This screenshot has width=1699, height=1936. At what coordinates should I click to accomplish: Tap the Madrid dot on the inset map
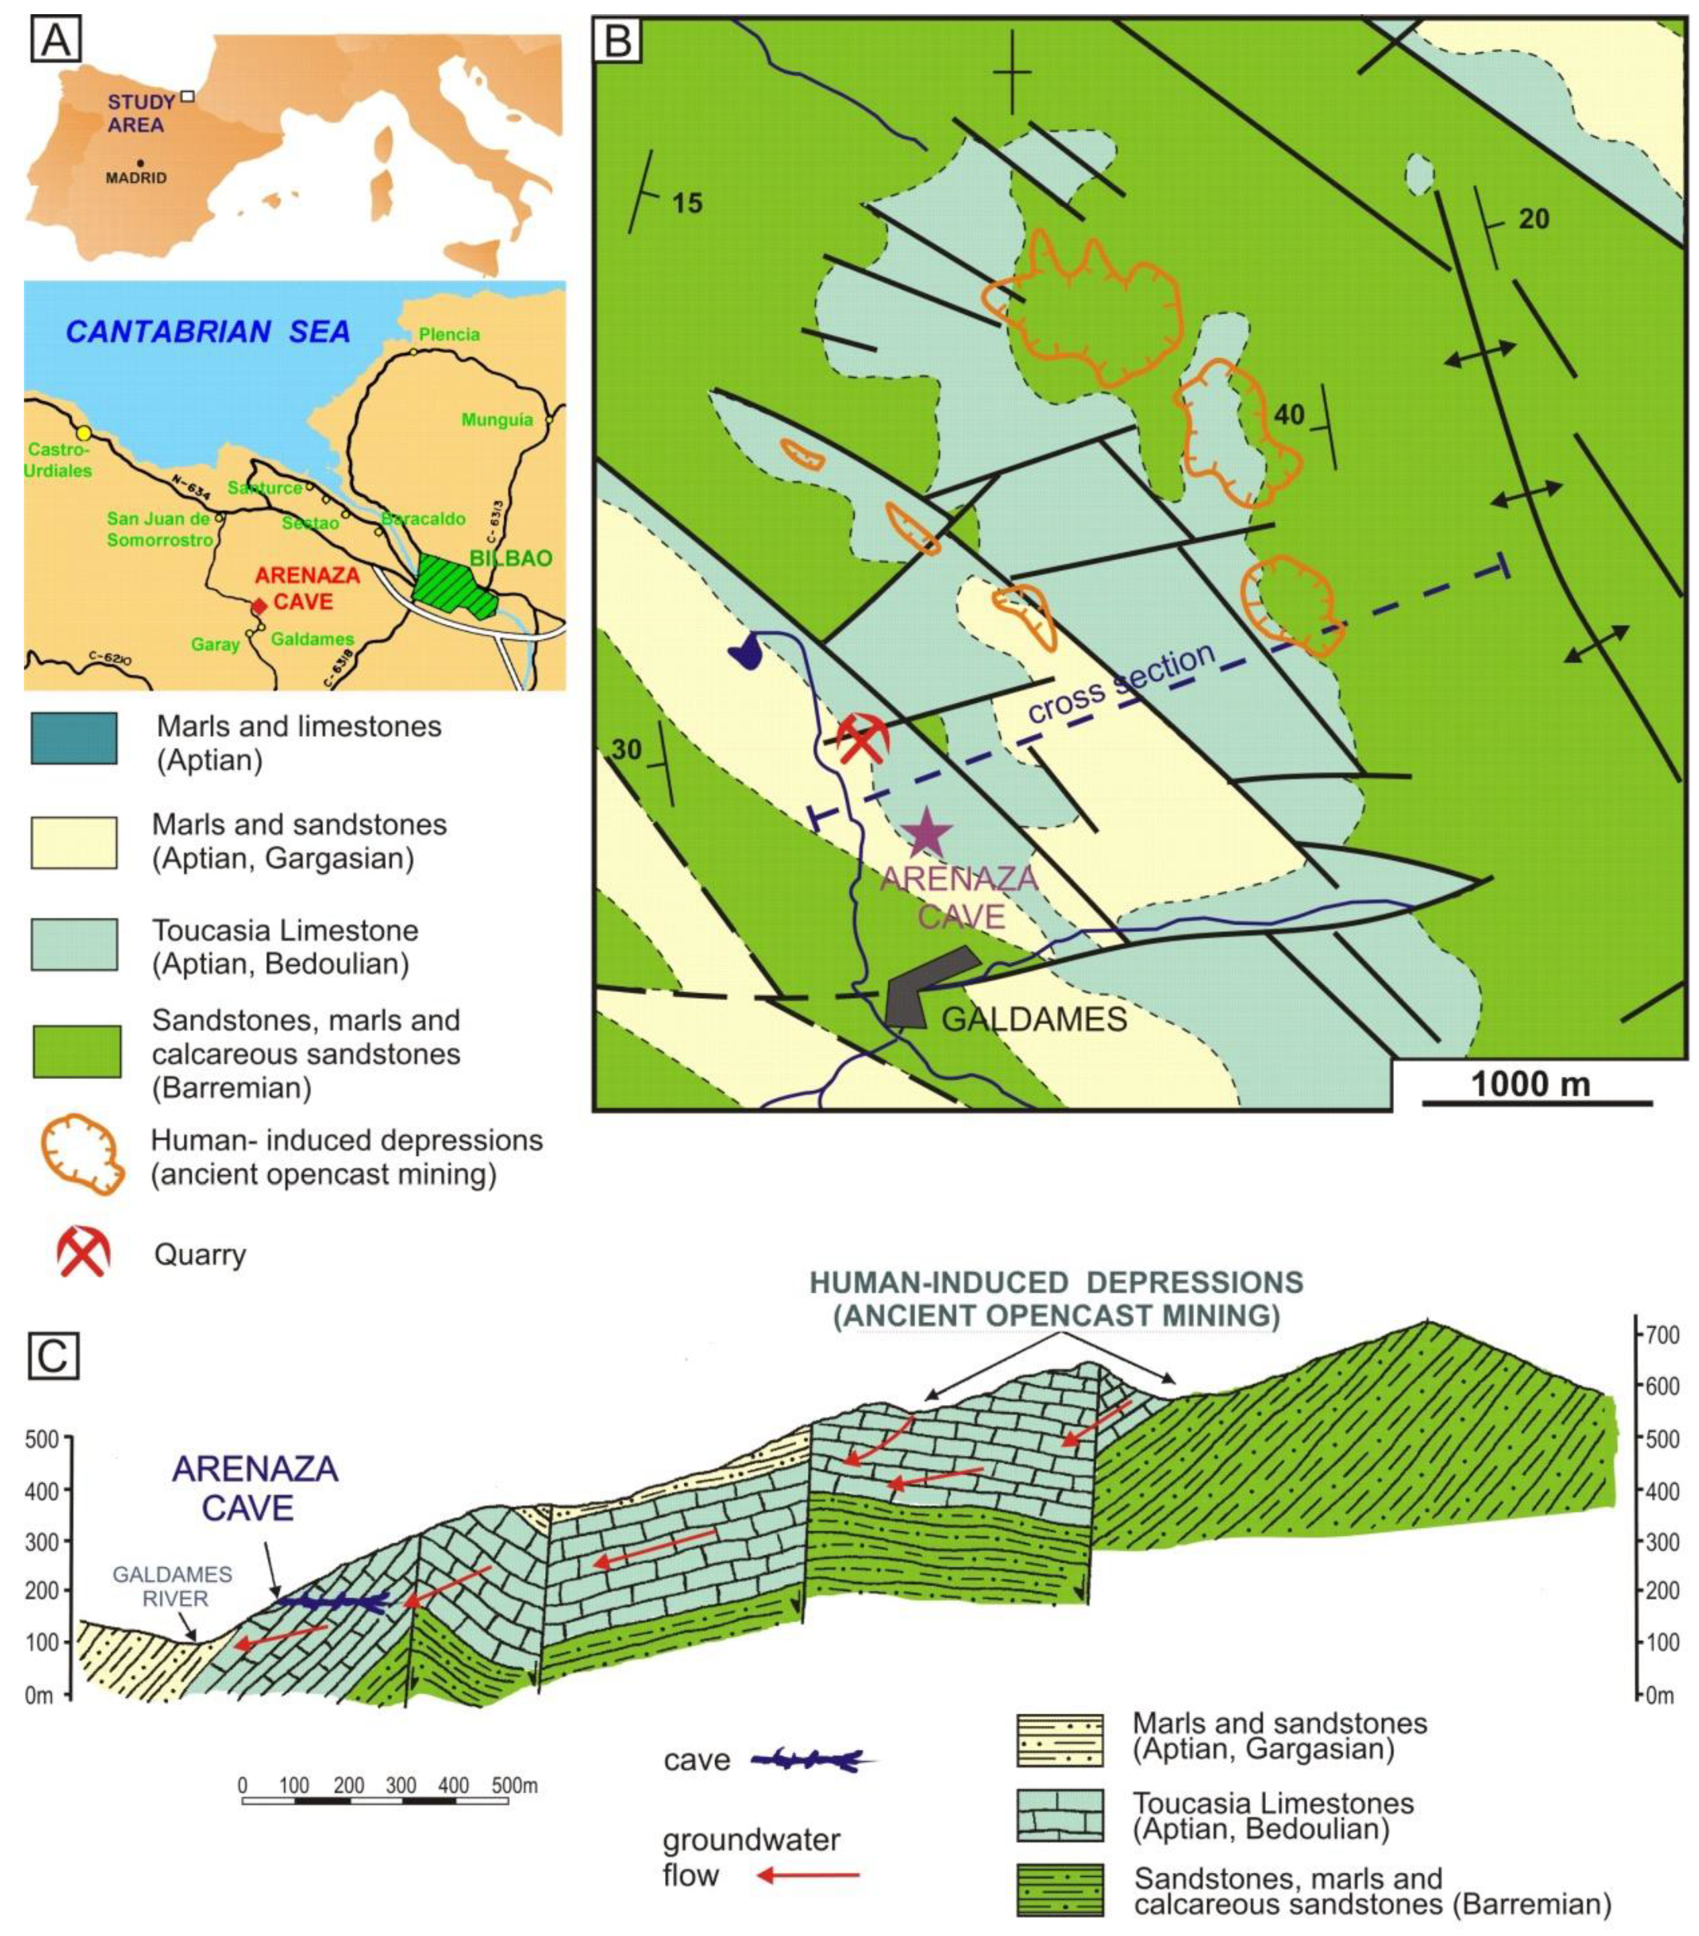pyautogui.click(x=140, y=163)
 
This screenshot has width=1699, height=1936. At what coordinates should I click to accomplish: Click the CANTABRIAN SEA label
pyautogui.click(x=208, y=331)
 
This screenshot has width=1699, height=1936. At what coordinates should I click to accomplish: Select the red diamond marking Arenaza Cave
pyautogui.click(x=258, y=605)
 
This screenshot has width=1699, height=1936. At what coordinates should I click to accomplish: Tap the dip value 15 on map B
pyautogui.click(x=687, y=203)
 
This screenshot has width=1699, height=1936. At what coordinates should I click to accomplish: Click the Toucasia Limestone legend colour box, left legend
pyautogui.click(x=75, y=944)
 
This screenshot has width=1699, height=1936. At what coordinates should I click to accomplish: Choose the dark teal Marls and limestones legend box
pyautogui.click(x=75, y=738)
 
